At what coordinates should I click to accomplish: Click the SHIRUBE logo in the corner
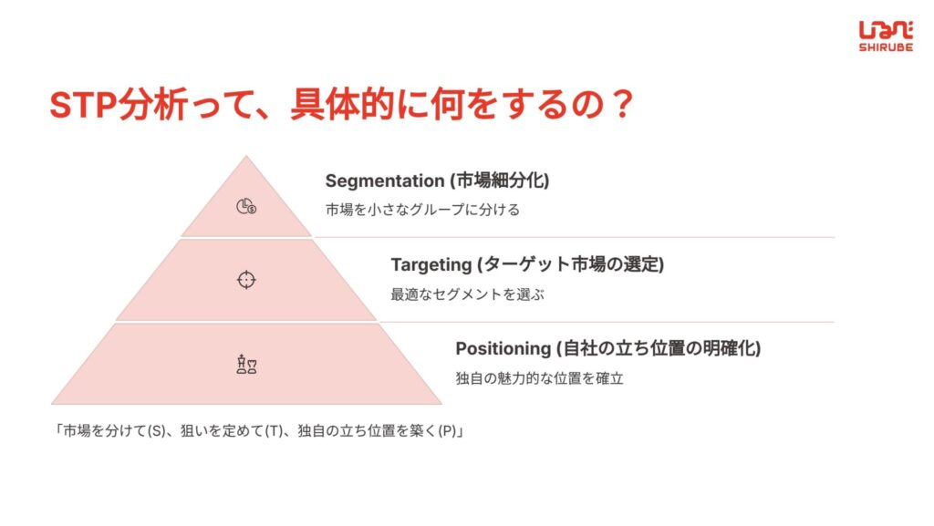(886, 36)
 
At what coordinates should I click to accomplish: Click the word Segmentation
(385, 180)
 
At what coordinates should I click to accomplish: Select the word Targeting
(431, 264)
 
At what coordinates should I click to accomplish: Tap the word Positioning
(503, 348)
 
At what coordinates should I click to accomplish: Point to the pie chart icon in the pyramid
(246, 206)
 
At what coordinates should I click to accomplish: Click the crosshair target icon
(246, 280)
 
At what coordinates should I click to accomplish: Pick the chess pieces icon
(246, 364)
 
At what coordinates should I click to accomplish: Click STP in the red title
(83, 106)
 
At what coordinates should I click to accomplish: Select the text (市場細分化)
(500, 180)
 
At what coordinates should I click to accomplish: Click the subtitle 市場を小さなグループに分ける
(422, 210)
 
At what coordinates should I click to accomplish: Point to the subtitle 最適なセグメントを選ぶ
(468, 294)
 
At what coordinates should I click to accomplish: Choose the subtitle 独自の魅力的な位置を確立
(540, 378)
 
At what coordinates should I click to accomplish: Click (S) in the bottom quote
(156, 431)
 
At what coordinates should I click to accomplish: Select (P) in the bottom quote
(447, 431)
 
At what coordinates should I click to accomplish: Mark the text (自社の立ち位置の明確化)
(659, 348)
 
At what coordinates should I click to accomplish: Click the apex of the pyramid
(246, 157)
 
